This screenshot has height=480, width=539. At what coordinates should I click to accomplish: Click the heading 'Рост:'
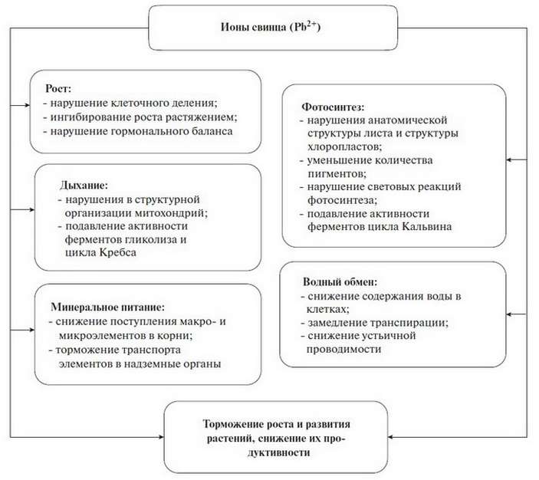coord(58,89)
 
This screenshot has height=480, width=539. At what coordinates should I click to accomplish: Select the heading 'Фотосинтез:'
coord(333,107)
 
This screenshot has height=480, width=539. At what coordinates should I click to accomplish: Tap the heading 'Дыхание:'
coord(84,186)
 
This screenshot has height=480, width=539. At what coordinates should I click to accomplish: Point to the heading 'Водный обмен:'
coord(340,282)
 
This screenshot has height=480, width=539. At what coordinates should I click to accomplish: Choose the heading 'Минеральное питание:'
coord(107,307)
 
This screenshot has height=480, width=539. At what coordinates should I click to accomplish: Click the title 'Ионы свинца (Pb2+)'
coord(270,27)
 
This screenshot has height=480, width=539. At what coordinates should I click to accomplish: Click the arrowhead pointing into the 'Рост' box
coord(28,105)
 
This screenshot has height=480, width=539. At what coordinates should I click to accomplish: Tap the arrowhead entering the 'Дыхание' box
coord(32,210)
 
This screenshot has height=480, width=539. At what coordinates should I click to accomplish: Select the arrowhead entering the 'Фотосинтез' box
coord(509,160)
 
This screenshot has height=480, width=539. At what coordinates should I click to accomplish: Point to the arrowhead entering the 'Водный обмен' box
coord(509,314)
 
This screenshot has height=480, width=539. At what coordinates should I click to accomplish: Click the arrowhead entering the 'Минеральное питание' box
coord(32,330)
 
